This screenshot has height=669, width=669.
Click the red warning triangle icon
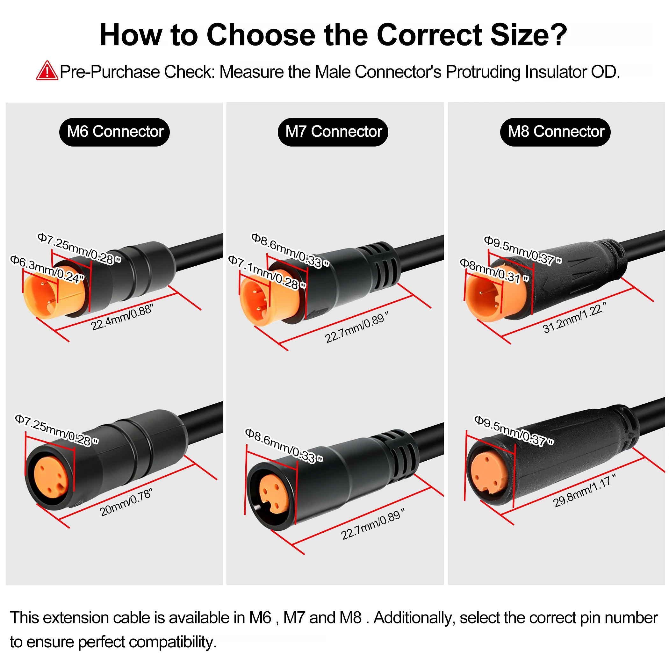click(47, 71)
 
